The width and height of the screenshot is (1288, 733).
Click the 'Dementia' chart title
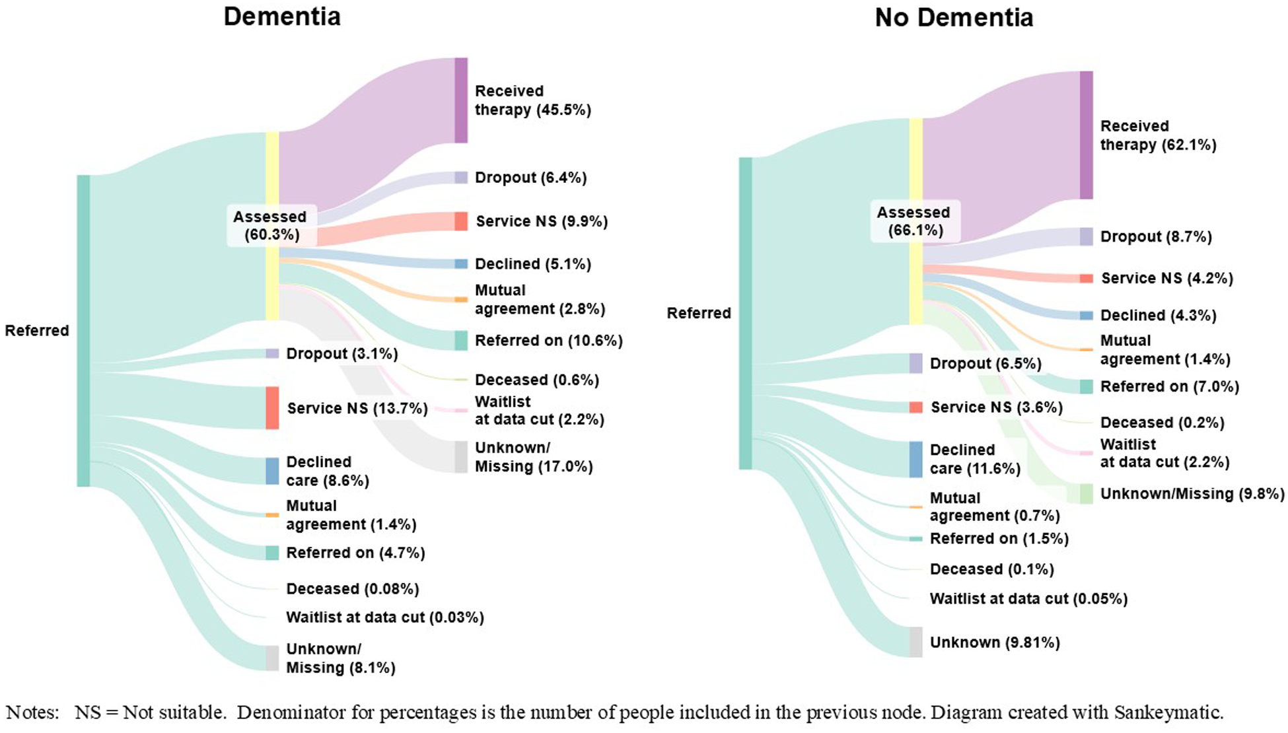[x=282, y=17]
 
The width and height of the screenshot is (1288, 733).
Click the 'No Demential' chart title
[x=954, y=18]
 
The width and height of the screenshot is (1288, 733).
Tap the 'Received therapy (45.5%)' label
[x=532, y=100]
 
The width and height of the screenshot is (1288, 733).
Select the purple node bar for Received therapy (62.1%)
[x=1086, y=135]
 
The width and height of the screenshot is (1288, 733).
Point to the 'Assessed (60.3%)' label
[x=271, y=225]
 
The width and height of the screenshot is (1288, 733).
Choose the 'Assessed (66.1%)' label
[x=914, y=221]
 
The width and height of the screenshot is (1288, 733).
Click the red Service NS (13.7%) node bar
[x=272, y=408]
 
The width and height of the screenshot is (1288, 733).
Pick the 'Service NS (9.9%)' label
[x=542, y=221]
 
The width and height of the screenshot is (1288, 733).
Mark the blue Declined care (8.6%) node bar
[x=272, y=471]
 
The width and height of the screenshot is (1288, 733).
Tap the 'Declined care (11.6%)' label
[x=974, y=459]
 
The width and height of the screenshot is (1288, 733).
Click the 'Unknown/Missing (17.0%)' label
[x=533, y=457]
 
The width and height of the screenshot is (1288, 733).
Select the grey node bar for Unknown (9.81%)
[x=915, y=642]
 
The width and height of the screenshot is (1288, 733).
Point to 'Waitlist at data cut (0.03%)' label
[x=384, y=617]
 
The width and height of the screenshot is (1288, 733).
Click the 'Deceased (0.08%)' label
[x=352, y=588]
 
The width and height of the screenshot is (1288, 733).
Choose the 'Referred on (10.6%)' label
[x=548, y=341]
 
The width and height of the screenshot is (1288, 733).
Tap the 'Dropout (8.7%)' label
[x=1155, y=237]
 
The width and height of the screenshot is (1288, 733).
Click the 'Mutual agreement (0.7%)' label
[x=994, y=506]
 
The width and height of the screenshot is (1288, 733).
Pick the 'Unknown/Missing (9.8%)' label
[x=1192, y=494]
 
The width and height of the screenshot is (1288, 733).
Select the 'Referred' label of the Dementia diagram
[x=37, y=331]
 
